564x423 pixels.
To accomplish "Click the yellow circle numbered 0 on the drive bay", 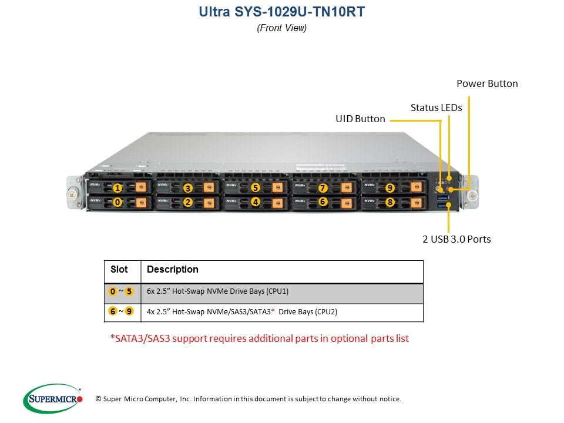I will point(117,202).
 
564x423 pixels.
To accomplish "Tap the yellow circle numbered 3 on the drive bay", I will point(188,188).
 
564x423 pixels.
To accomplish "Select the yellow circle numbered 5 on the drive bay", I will point(256,188).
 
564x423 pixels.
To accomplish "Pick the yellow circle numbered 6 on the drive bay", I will point(323,202).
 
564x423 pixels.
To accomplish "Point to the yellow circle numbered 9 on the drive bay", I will point(390,188).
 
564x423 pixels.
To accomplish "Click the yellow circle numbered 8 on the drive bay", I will point(390,202).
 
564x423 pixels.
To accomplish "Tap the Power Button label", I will point(487,83).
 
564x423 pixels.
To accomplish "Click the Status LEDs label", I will point(436,108).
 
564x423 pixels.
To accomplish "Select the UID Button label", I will point(360,119).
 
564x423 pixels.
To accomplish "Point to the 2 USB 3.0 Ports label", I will point(456,239).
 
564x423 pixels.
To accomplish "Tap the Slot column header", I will point(119,270).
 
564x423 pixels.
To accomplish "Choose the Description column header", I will point(172,270).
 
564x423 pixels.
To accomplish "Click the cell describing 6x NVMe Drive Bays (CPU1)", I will point(217,291).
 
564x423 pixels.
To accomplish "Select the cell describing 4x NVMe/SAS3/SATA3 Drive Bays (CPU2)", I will point(242,312).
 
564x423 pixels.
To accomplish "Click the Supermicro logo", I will point(52,398).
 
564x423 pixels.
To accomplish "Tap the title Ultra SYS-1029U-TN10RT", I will point(281,11).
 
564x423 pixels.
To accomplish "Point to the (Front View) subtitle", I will point(281,28).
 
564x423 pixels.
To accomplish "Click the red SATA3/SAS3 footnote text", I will point(259,338).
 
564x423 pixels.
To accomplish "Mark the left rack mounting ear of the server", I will point(72,191).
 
